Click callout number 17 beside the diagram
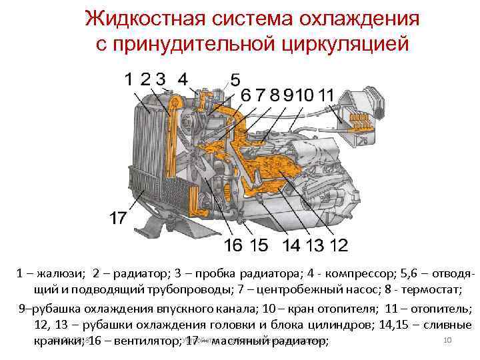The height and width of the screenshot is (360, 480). click(x=118, y=217)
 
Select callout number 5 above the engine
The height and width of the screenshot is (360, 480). click(x=235, y=80)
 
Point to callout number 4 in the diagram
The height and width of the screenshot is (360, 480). click(x=182, y=79)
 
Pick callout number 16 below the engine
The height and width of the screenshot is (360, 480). click(x=233, y=245)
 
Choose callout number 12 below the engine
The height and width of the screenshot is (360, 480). click(x=338, y=245)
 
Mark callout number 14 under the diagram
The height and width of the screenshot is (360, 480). click(x=291, y=245)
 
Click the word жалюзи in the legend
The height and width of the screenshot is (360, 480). click(x=59, y=274)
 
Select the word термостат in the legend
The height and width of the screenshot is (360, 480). click(x=436, y=291)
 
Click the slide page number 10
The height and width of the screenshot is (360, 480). click(x=448, y=341)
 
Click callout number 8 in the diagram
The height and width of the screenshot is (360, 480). click(x=275, y=95)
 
